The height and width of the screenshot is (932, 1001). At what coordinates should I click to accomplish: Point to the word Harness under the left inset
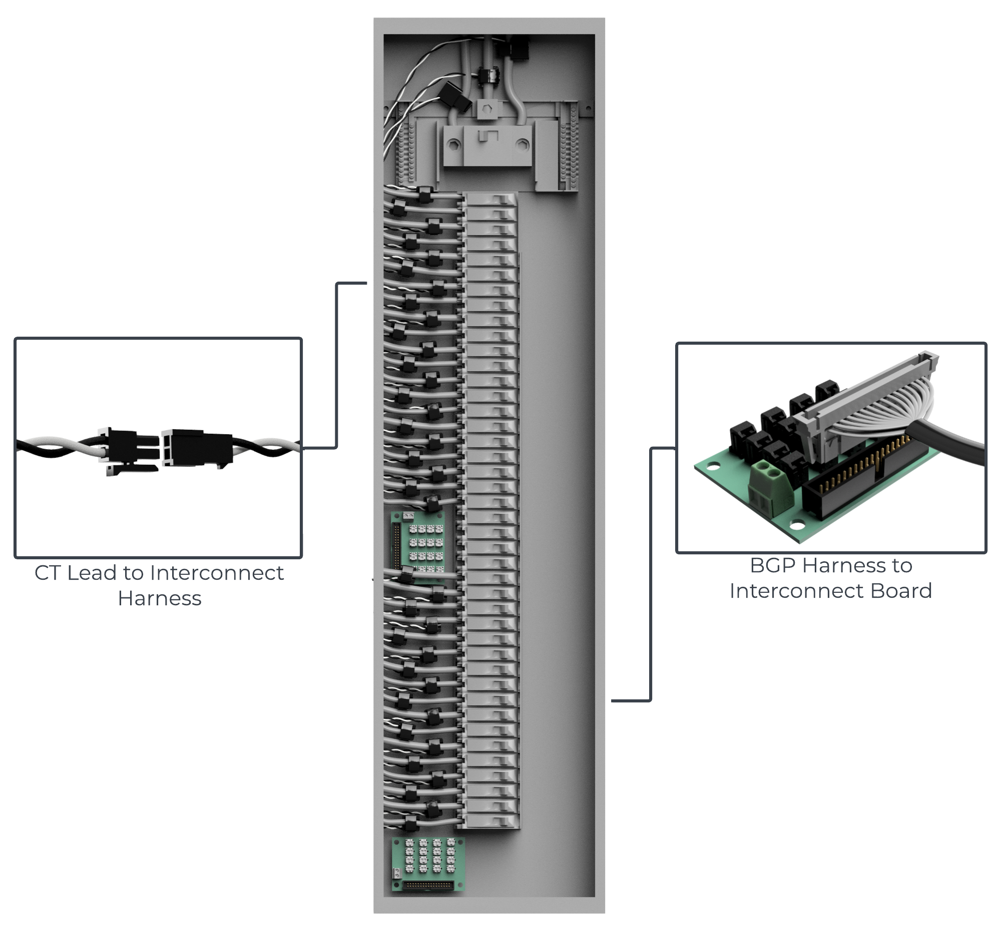pos(159,598)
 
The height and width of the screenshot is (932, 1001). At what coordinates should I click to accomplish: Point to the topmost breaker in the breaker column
pos(491,200)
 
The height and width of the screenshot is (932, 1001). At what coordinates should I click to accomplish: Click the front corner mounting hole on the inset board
pos(797,526)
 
